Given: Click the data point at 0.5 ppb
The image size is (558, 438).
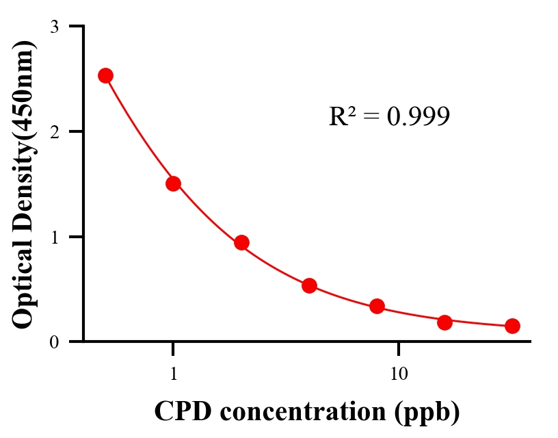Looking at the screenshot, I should [105, 75].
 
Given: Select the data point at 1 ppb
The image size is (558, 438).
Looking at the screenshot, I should [173, 183].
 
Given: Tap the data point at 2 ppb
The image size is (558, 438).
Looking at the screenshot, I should [241, 242].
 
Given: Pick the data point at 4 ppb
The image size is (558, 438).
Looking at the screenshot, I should [309, 285].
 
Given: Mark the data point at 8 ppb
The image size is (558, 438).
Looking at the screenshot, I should [377, 306].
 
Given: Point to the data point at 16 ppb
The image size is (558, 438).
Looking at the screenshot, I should [444, 322].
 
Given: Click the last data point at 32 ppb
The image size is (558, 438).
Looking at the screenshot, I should [512, 326].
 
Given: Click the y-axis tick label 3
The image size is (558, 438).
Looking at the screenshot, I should [54, 27].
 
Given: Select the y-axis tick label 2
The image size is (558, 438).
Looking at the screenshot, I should [54, 131].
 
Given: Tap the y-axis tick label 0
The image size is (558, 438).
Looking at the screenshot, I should [54, 342].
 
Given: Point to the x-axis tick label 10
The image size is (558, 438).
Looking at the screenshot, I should [399, 375].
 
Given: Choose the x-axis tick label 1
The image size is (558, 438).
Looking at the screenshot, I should [174, 375].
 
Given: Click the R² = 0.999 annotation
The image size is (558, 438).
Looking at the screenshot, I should [389, 116].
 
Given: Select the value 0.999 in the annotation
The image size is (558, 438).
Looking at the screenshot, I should [418, 117].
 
